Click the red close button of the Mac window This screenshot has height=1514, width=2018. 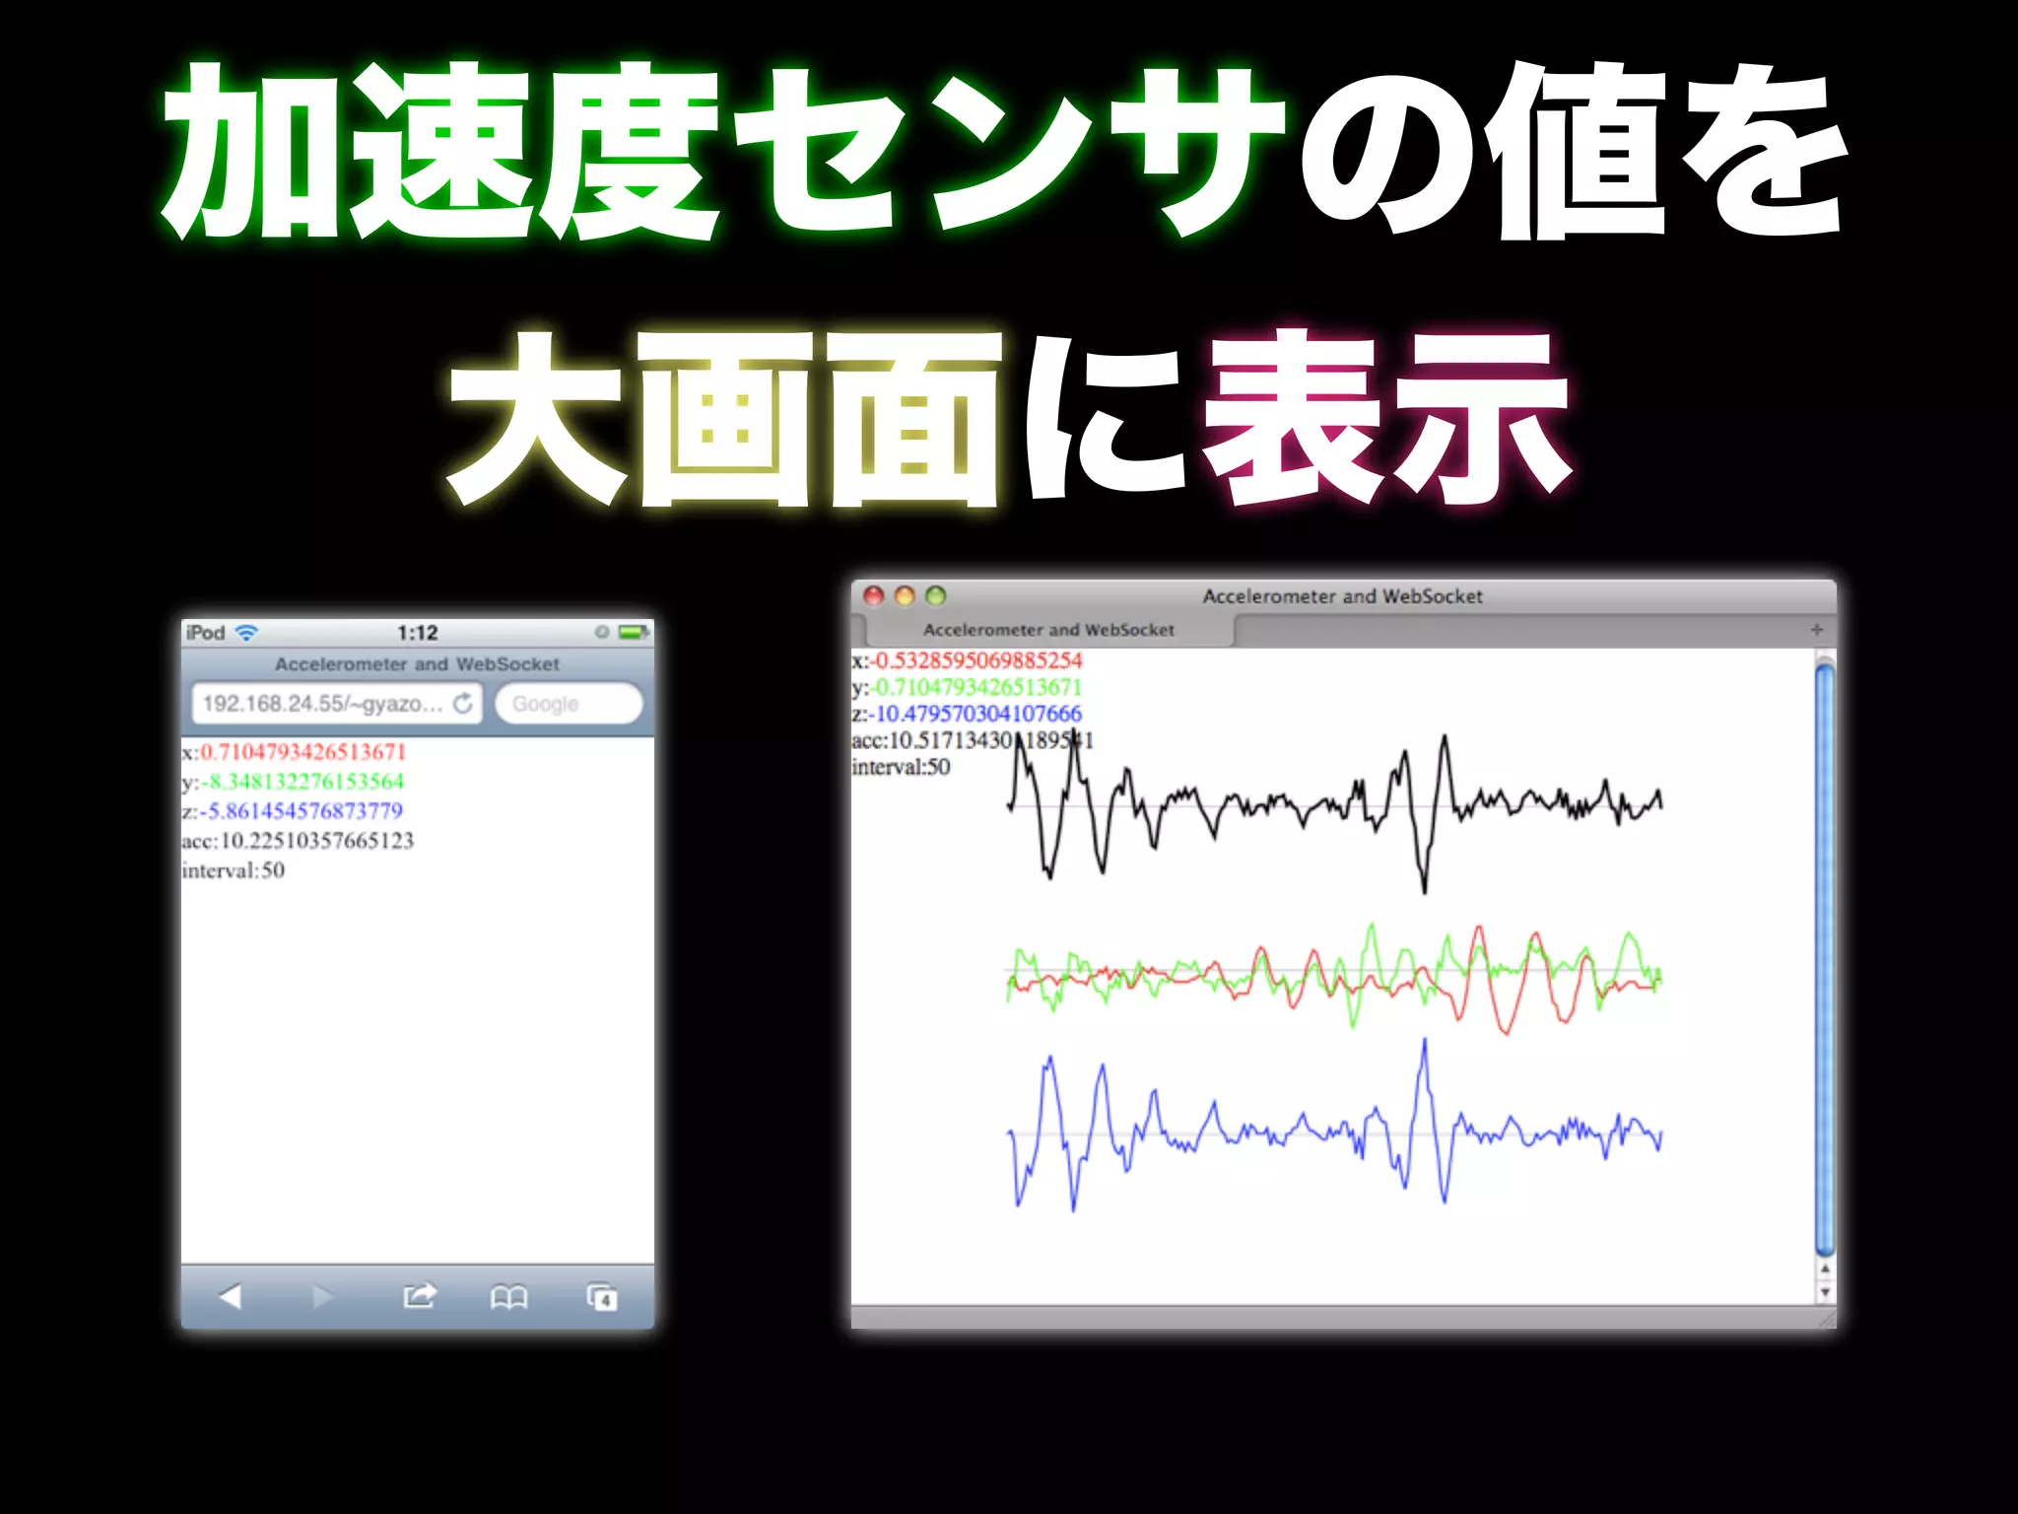click(x=873, y=595)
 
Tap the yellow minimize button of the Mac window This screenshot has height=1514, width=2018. click(x=905, y=595)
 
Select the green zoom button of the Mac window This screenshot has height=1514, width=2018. click(x=936, y=595)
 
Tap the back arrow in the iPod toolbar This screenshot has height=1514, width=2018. click(x=230, y=1296)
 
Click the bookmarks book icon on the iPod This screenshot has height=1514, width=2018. click(x=508, y=1296)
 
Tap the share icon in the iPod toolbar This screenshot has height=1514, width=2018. click(x=419, y=1295)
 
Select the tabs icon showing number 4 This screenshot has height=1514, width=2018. click(x=601, y=1296)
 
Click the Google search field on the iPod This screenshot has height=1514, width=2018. click(x=569, y=704)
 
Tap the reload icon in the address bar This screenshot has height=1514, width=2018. click(x=462, y=703)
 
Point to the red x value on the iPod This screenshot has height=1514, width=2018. click(x=303, y=752)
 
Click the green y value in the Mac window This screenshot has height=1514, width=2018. click(x=977, y=687)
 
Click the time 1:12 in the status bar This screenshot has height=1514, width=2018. click(x=418, y=633)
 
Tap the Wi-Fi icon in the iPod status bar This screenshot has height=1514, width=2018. click(x=246, y=633)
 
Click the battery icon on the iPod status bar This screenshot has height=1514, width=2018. click(x=634, y=632)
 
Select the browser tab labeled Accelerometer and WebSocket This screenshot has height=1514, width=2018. click(x=1048, y=630)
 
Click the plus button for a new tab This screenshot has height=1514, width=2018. click(x=1817, y=630)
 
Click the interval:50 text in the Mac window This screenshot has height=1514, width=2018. click(x=901, y=767)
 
